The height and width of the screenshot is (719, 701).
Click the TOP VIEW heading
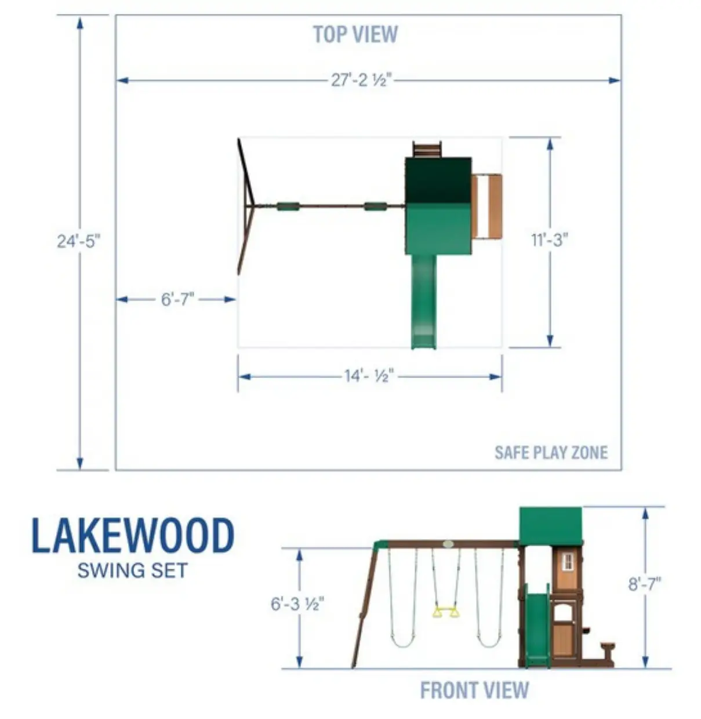tap(355, 35)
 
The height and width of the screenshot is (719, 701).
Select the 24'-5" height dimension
tap(79, 241)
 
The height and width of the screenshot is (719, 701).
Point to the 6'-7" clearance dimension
tap(177, 299)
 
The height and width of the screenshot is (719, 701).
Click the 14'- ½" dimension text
tap(369, 376)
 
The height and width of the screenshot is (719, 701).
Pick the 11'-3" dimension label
tap(549, 239)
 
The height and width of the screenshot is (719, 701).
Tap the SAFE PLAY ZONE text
tap(551, 452)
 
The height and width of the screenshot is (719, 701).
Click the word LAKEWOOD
tap(133, 536)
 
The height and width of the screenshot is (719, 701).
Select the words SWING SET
tap(133, 571)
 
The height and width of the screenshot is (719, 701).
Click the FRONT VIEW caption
tap(474, 691)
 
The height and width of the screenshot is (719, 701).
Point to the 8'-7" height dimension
tap(645, 584)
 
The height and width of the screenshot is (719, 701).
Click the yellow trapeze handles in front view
tap(446, 611)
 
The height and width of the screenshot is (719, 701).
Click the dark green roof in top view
tap(438, 180)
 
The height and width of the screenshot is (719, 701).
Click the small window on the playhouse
tap(568, 561)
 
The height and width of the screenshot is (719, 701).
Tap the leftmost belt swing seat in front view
tap(402, 642)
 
